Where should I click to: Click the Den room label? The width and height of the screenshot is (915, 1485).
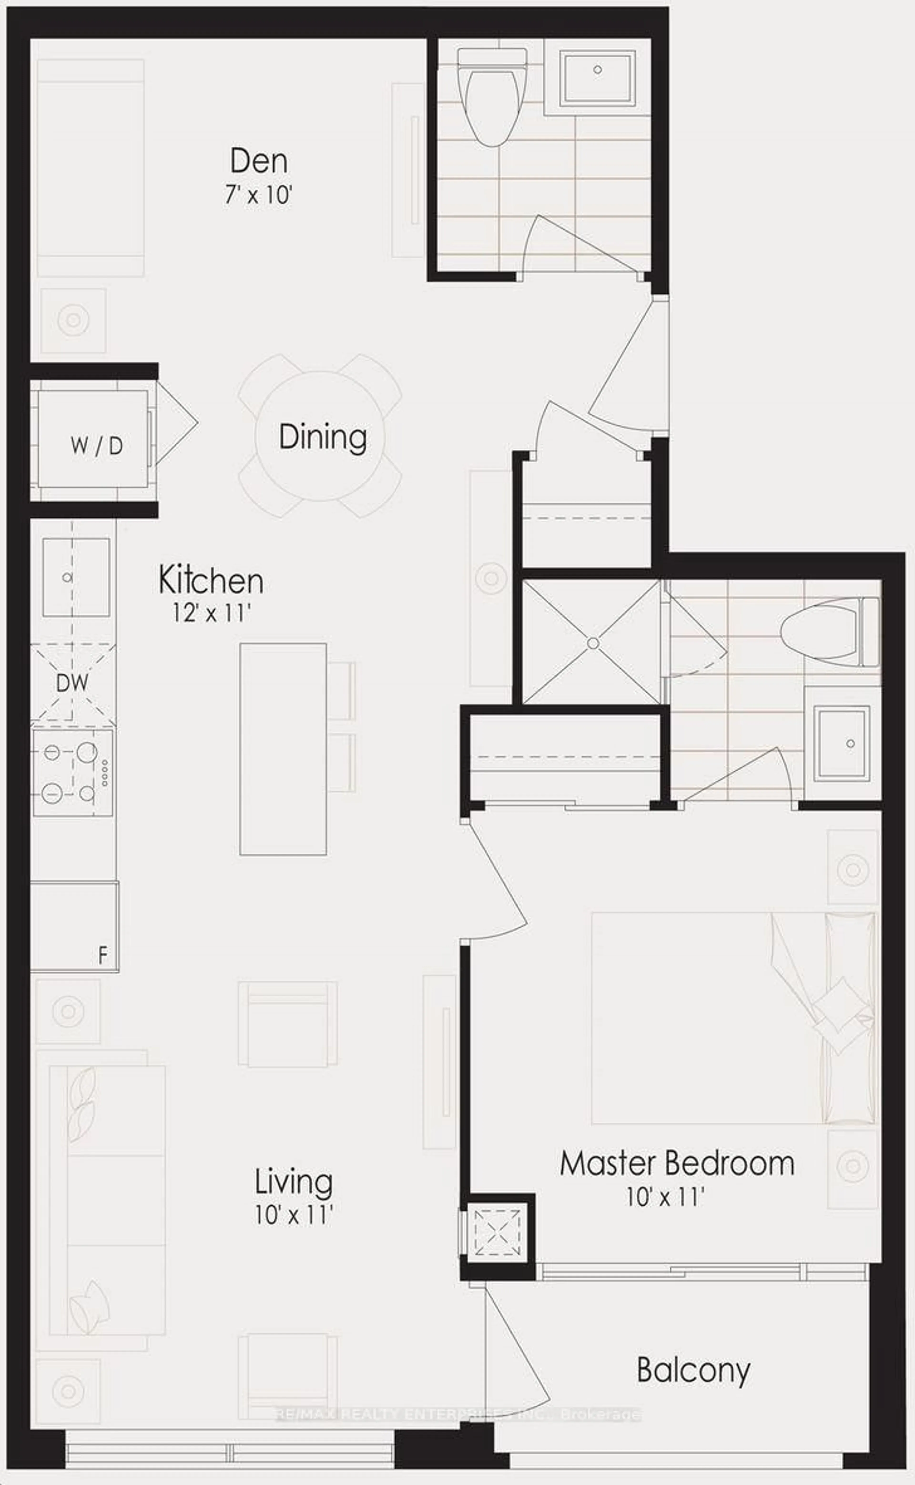point(259,162)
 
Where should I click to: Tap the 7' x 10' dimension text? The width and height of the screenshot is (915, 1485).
point(259,197)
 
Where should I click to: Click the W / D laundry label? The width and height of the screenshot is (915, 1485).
point(97,446)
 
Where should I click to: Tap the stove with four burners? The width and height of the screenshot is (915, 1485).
point(73,772)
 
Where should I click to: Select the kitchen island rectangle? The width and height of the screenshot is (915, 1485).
point(283,749)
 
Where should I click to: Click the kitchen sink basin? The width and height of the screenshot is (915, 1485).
point(76,577)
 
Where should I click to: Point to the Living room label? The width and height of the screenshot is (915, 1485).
point(294,1182)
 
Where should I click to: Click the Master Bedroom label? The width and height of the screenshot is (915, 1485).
point(676,1164)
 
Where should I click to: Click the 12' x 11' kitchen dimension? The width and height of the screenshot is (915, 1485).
point(211,614)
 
